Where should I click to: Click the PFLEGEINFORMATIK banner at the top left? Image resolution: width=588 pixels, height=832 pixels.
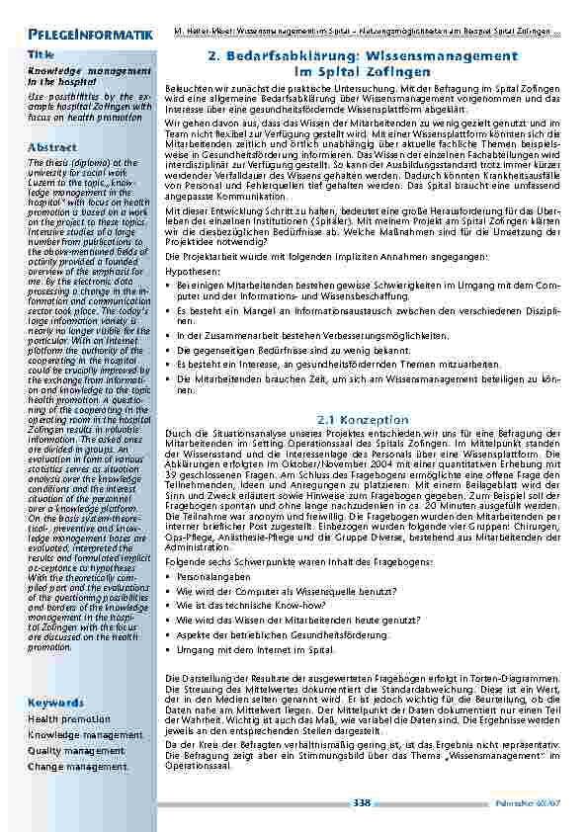(x=84, y=36)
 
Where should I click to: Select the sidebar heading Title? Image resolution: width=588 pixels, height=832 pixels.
(x=42, y=54)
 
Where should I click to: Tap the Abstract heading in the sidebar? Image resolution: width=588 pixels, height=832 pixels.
(x=52, y=147)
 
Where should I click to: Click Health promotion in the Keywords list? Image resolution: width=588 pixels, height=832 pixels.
(x=69, y=719)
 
